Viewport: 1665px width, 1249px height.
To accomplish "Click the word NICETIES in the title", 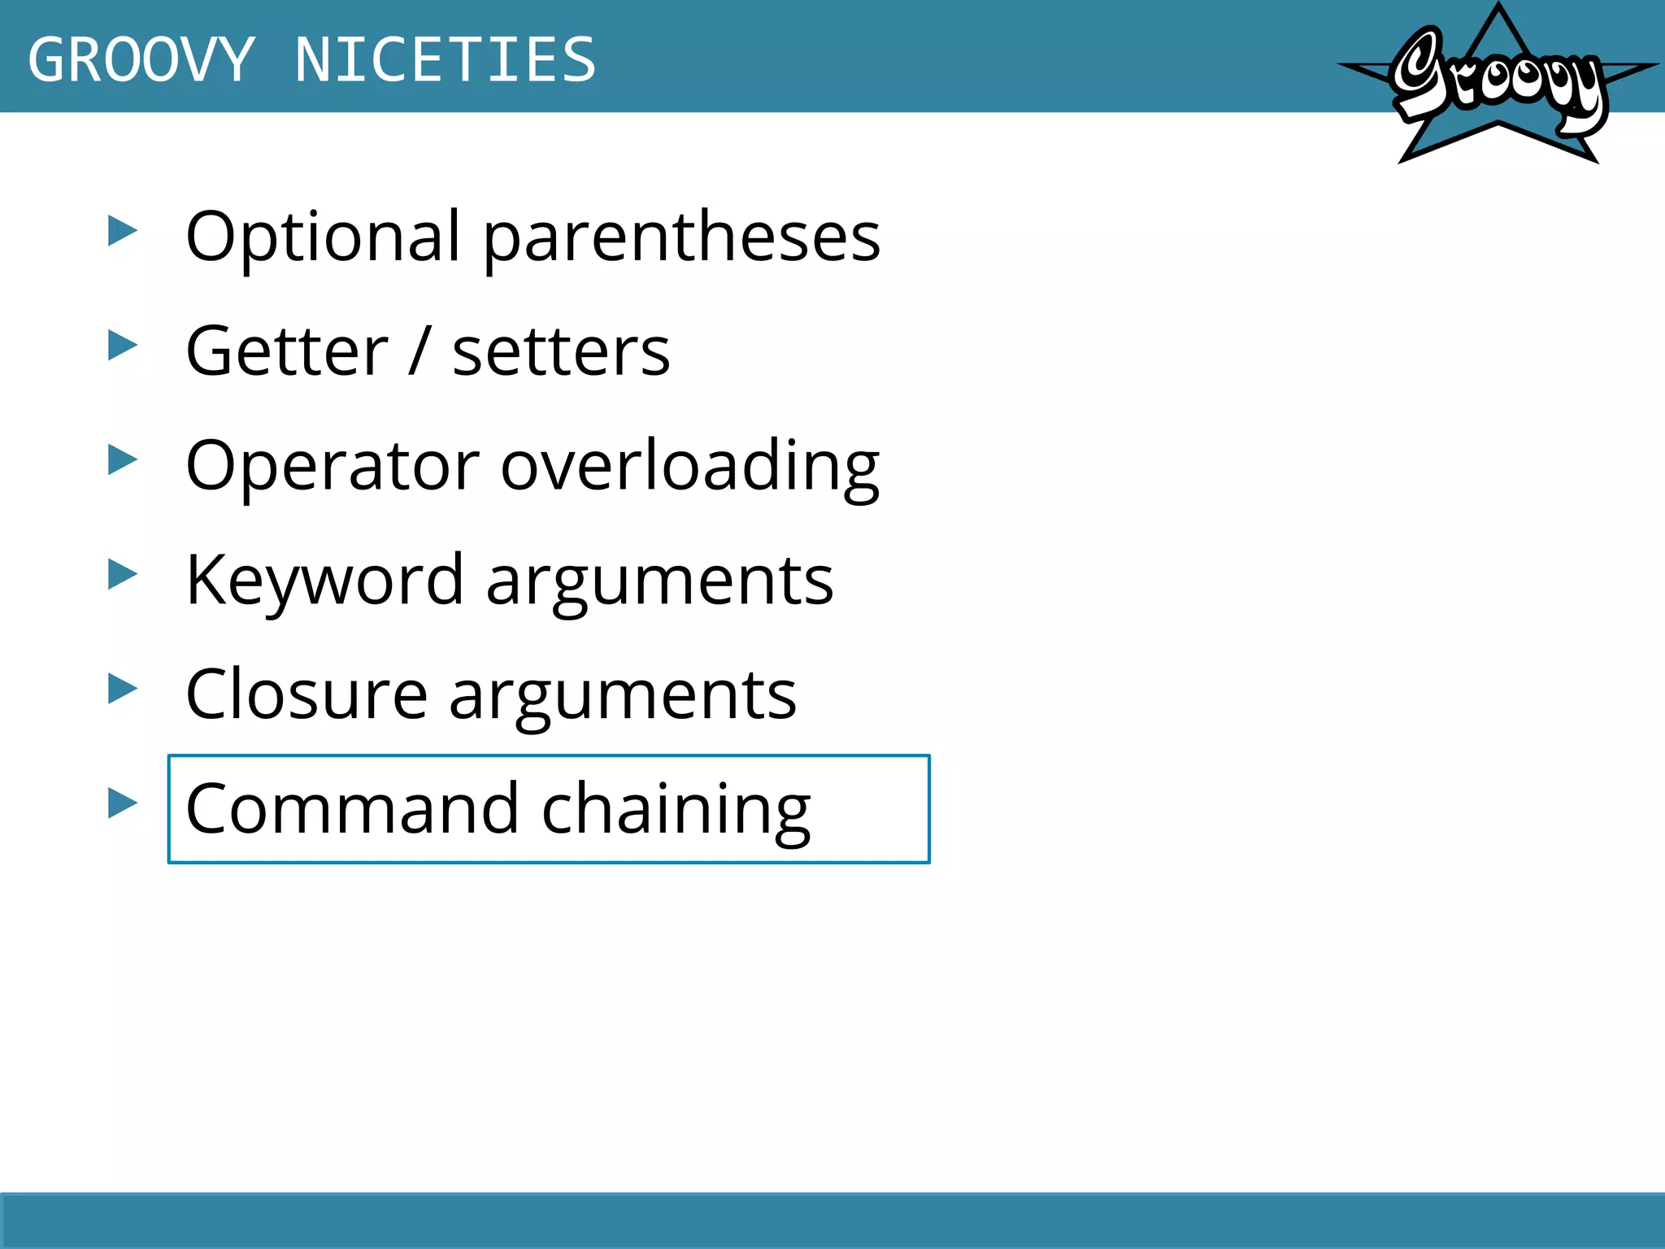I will point(446,60).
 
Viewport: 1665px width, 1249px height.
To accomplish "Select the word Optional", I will point(324,237).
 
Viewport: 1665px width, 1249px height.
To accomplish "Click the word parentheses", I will point(682,237).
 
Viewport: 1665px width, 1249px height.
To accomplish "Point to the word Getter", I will point(287,351).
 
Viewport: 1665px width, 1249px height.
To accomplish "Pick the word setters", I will point(561,351).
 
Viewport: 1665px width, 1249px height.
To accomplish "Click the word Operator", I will point(333,466).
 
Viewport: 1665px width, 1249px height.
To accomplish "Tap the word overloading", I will point(690,466).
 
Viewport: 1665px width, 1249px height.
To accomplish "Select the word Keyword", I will point(324,581).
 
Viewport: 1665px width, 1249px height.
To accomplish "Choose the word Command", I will point(352,809).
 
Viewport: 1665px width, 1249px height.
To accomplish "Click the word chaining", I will point(676,809).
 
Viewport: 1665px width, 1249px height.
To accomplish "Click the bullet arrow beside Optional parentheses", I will point(123,231).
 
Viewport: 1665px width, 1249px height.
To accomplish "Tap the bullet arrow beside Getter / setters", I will point(123,346).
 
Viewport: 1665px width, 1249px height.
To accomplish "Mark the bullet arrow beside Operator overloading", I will point(123,460).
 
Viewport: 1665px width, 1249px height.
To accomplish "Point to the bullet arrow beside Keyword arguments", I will point(123,575).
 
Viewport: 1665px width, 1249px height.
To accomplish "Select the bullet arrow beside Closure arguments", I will point(123,690).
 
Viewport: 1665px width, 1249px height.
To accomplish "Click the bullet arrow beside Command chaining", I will point(123,803).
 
